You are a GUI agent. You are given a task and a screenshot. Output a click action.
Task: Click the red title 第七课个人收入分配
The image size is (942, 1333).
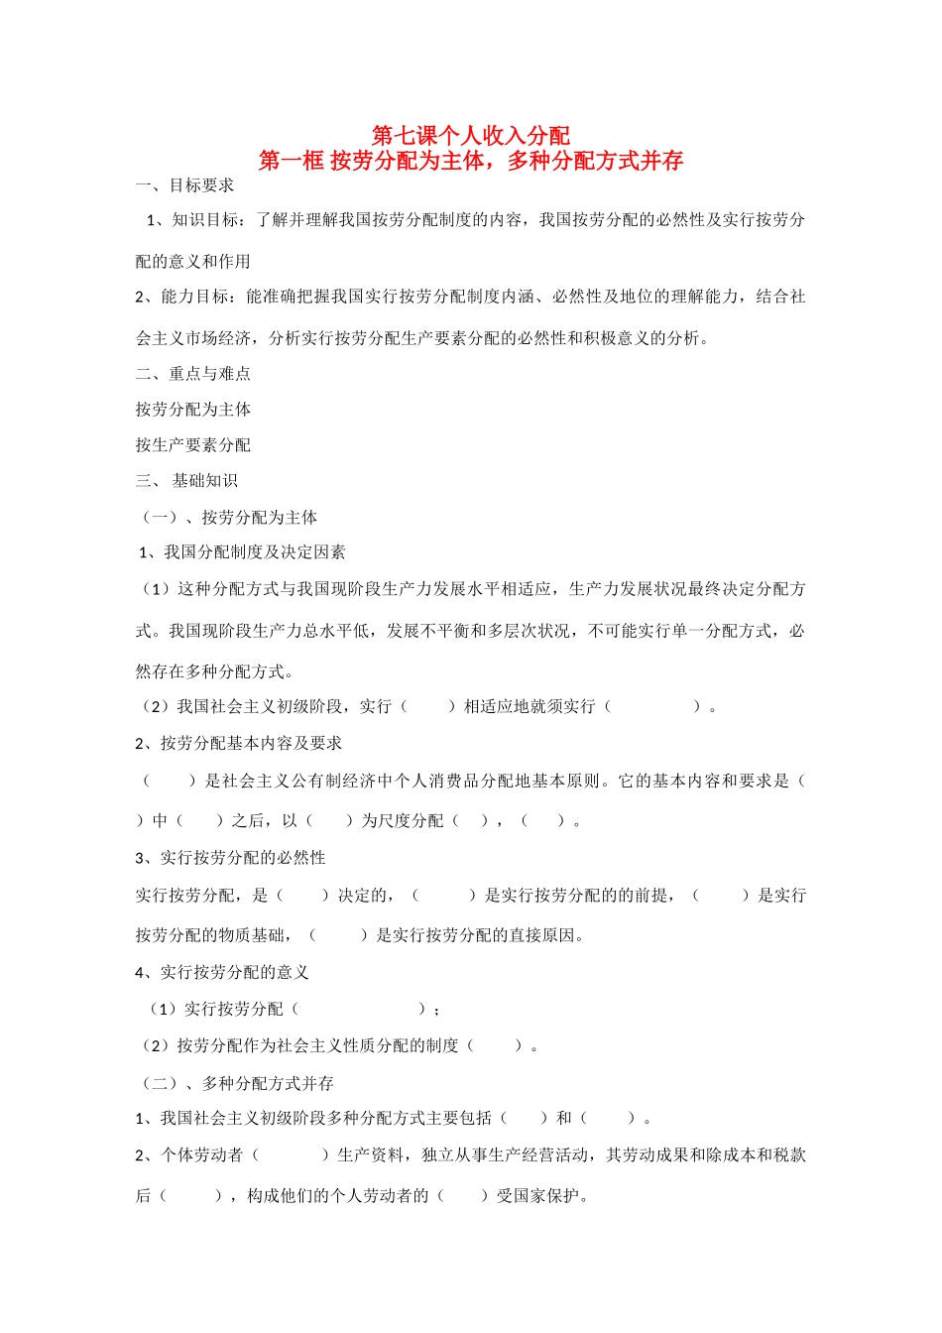pyautogui.click(x=471, y=135)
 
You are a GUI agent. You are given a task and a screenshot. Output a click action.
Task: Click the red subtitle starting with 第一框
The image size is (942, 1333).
pyautogui.click(x=471, y=161)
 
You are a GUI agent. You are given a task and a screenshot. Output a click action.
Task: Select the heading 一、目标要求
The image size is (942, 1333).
pyautogui.click(x=185, y=185)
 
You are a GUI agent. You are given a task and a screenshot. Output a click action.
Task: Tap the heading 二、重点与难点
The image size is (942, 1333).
pyautogui.click(x=193, y=374)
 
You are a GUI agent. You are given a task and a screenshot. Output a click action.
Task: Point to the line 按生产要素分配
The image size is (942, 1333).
pyautogui.click(x=193, y=445)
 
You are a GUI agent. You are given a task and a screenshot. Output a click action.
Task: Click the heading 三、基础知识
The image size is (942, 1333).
pyautogui.click(x=187, y=481)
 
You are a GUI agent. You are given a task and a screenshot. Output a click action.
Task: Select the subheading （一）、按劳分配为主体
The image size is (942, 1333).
pyautogui.click(x=227, y=518)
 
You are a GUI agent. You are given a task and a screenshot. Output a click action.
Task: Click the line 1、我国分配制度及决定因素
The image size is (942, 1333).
pyautogui.click(x=242, y=552)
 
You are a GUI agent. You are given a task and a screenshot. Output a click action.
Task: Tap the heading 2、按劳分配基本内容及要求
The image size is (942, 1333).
pyautogui.click(x=239, y=743)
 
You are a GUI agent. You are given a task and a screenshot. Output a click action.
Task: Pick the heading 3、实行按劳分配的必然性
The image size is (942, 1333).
pyautogui.click(x=231, y=858)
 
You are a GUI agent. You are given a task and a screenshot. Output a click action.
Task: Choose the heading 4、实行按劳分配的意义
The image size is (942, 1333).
pyautogui.click(x=223, y=973)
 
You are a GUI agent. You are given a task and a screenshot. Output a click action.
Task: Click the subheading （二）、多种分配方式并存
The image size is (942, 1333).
pyautogui.click(x=235, y=1084)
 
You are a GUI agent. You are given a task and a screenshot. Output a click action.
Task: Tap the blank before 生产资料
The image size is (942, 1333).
pyautogui.click(x=291, y=1155)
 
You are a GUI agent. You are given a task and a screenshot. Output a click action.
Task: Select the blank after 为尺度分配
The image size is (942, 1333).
pyautogui.click(x=471, y=821)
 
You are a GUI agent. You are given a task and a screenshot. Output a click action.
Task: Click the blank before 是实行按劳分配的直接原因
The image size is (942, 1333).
pyautogui.click(x=339, y=935)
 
